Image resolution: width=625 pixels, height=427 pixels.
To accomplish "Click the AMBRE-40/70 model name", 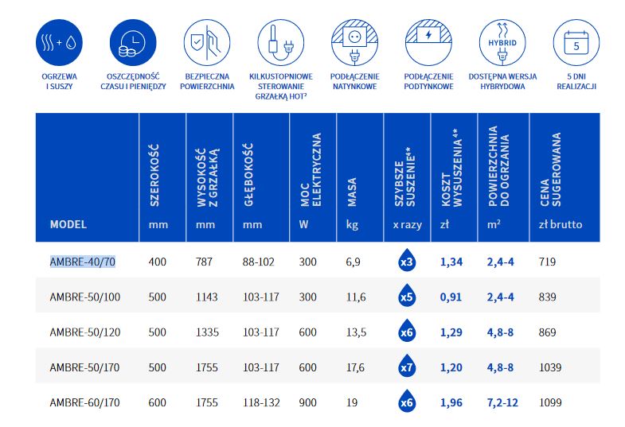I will coord(83,262).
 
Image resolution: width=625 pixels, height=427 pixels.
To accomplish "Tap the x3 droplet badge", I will coord(406,262).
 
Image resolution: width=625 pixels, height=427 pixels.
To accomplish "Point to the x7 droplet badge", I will coord(406,367).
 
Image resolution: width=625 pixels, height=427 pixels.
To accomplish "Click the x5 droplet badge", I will coord(406,297).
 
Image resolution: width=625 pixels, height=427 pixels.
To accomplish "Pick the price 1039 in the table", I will coord(551,367).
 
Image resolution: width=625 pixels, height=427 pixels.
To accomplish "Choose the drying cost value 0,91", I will coord(451,297).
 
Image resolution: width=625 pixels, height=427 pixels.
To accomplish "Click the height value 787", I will coord(205,262).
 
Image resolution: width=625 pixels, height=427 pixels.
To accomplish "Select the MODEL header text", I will coord(68,224).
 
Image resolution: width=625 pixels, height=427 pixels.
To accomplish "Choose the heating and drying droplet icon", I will coord(58,39).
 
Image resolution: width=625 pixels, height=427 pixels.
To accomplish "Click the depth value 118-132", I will coord(261,402).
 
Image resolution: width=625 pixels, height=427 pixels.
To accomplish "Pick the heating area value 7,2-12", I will coord(502,402).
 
